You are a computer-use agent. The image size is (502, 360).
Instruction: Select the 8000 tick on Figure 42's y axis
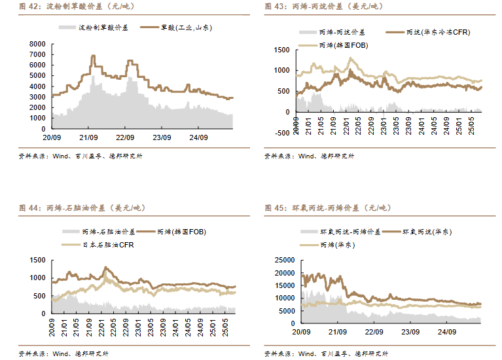point(37,44)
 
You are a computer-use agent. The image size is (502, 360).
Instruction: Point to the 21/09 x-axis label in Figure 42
point(88,137)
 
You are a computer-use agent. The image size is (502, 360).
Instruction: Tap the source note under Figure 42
point(82,156)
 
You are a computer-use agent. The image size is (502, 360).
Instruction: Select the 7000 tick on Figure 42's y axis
point(37,54)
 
